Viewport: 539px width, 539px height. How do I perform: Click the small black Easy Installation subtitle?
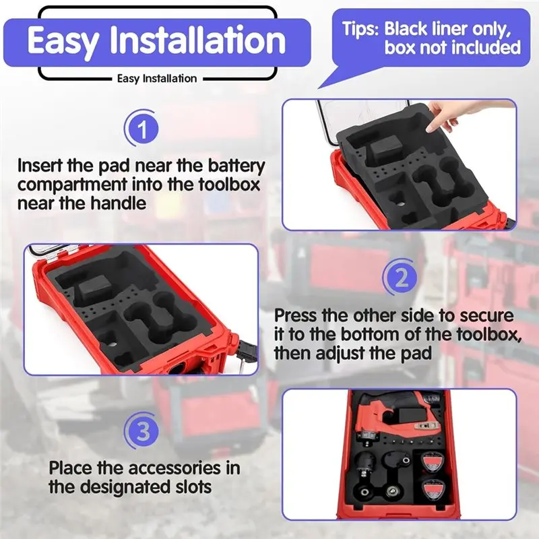coord(157,78)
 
